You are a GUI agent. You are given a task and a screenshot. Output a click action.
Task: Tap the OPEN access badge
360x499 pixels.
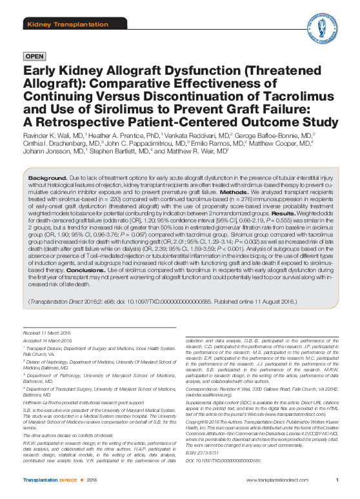34,57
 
